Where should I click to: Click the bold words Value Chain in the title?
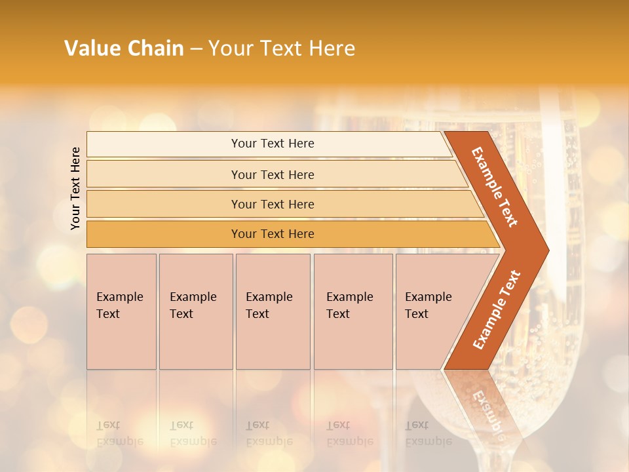coord(124,49)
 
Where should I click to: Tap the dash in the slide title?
coord(196,49)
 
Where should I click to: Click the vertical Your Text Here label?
coord(75,188)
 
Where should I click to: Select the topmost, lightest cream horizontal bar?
coord(164,144)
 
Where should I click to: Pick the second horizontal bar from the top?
coord(164,174)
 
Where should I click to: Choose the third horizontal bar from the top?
coord(164,204)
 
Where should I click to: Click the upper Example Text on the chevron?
coord(495,187)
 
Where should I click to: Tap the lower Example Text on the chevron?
coord(497,309)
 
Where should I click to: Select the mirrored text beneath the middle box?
coord(269,433)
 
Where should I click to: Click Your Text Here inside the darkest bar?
coord(273,234)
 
